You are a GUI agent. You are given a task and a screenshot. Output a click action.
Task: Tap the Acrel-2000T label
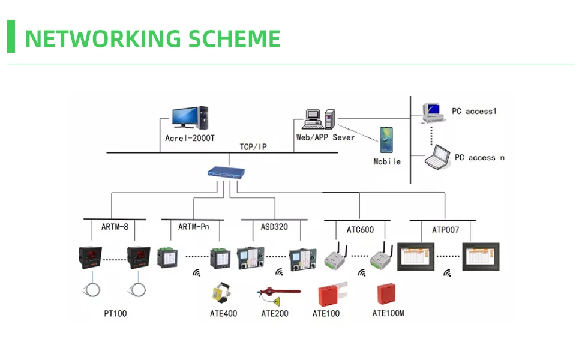pos(190,137)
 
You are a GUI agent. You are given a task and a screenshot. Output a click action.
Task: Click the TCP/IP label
pos(253,146)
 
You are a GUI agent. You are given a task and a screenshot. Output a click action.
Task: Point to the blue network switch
pos(227,173)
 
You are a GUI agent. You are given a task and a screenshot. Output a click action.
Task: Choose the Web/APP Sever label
pos(325,137)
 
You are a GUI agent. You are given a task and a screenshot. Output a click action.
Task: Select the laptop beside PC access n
pos(437,158)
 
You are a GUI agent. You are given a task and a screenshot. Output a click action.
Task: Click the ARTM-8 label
pos(115,227)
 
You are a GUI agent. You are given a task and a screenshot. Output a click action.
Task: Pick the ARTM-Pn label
pos(194,227)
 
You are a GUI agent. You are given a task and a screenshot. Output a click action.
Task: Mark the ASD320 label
pos(274,227)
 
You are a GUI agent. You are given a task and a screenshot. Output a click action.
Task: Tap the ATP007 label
pos(445,229)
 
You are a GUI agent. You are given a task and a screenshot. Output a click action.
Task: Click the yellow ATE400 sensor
pos(220,294)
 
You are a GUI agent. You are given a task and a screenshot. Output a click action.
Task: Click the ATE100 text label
pos(326,313)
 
